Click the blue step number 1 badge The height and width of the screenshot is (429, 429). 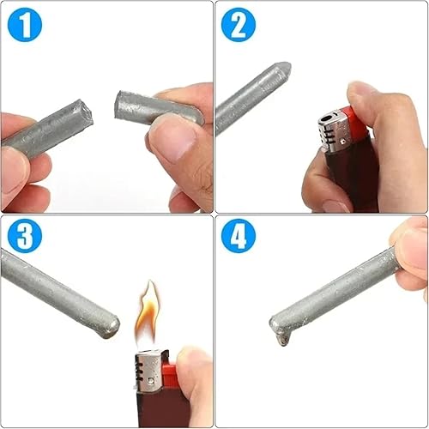[25, 26]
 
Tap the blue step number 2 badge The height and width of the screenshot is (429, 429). [239, 26]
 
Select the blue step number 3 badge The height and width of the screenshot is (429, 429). [25, 238]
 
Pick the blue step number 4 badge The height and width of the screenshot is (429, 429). [239, 238]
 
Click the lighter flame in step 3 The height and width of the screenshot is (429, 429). [148, 313]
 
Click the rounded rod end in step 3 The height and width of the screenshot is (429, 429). [112, 327]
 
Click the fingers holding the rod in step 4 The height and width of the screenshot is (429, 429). [410, 253]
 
